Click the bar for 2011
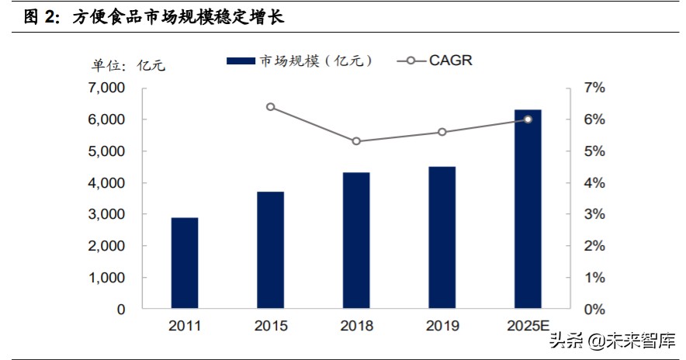[x=185, y=263]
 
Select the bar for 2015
[x=271, y=250]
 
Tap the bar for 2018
[x=356, y=241]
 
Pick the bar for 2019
[x=442, y=237]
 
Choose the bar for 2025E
[x=528, y=209]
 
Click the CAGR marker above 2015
[x=271, y=106]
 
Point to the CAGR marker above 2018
[x=356, y=141]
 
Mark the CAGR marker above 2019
[x=442, y=132]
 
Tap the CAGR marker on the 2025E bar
[x=528, y=119]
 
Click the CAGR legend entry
[x=435, y=61]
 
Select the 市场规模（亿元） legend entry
[x=299, y=61]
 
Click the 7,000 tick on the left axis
[x=106, y=88]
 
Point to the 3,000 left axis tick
[x=106, y=214]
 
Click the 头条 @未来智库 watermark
[x=612, y=341]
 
